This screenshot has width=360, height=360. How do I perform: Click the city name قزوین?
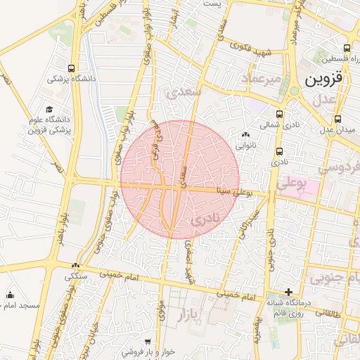(324, 79)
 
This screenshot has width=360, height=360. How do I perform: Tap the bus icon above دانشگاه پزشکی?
(72, 68)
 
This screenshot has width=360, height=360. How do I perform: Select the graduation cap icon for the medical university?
(49, 110)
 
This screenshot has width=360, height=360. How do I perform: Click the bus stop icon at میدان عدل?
(339, 119)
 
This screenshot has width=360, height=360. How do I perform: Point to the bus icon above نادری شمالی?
(280, 114)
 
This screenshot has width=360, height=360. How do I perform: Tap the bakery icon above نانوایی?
(245, 135)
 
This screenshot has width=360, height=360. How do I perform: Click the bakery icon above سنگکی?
(76, 265)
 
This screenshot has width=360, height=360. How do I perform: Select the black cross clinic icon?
(288, 291)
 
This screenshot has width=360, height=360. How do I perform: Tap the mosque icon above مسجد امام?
(10, 295)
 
